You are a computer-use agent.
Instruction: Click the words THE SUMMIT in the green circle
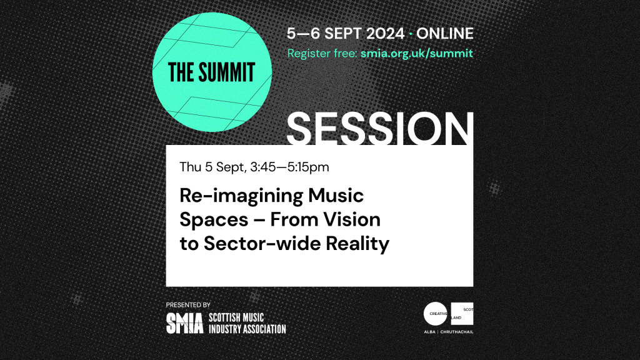tap(211, 72)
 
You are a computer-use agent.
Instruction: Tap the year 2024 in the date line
tap(385, 34)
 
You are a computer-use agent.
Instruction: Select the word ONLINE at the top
tap(445, 34)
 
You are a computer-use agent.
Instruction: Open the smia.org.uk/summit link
tap(417, 54)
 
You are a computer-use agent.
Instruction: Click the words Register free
tap(322, 54)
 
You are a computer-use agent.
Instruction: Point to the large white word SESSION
tap(380, 128)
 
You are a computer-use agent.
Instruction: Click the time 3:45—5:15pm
tap(289, 167)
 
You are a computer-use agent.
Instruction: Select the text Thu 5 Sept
tap(212, 167)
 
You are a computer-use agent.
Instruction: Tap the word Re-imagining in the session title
tap(241, 196)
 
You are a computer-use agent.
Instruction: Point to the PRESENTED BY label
tap(188, 305)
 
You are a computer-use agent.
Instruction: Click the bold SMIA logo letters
tap(184, 323)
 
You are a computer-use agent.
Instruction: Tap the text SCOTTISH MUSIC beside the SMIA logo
tap(236, 317)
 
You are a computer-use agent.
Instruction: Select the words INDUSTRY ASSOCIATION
tap(247, 329)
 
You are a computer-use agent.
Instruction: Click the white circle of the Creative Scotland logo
tap(436, 314)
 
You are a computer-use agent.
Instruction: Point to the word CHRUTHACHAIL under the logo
tap(457, 332)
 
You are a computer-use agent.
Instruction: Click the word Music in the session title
tap(336, 196)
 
